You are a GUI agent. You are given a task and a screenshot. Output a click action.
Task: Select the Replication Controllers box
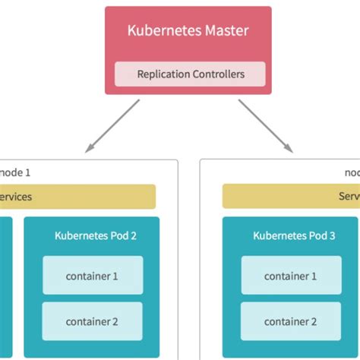point(189,74)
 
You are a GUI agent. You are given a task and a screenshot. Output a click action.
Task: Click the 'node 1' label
point(17,172)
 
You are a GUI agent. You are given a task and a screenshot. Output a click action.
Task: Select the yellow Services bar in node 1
point(76,197)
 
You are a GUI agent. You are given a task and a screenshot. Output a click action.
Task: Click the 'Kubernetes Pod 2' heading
point(96,235)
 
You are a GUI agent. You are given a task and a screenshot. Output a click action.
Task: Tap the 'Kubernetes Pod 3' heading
point(294,235)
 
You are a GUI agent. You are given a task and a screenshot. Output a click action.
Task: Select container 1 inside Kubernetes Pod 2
point(93,276)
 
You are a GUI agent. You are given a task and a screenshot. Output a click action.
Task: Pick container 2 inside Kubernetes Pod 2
point(93,321)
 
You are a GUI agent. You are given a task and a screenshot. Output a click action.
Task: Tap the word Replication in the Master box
point(162,74)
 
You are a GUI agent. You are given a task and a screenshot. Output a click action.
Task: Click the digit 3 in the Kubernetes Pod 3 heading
point(331,235)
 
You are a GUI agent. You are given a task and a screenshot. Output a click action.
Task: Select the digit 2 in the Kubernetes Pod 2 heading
point(133,235)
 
